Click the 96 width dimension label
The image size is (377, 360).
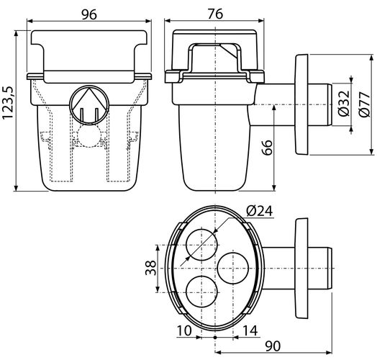pyautogui.click(x=89, y=14)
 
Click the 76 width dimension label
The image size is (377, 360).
pyautogui.click(x=215, y=14)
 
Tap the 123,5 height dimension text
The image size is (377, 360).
pyautogui.click(x=8, y=103)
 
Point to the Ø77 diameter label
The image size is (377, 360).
pyautogui.click(x=364, y=104)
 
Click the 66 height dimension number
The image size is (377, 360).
pyautogui.click(x=267, y=148)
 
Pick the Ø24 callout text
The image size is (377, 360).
pyautogui.click(x=260, y=211)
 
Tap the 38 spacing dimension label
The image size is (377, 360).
pyautogui.click(x=150, y=268)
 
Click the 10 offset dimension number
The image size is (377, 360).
pyautogui.click(x=184, y=330)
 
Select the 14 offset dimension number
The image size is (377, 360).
pyautogui.click(x=250, y=330)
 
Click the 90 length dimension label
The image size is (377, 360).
pyautogui.click(x=273, y=346)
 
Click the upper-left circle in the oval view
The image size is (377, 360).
pyautogui.click(x=201, y=245)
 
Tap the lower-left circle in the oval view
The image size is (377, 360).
pyautogui.click(x=201, y=292)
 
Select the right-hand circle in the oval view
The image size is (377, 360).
pyautogui.click(x=232, y=268)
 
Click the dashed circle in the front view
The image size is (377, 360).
pyautogui.click(x=89, y=136)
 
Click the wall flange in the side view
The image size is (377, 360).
pyautogui.click(x=301, y=104)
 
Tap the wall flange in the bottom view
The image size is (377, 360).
pyautogui.click(x=301, y=269)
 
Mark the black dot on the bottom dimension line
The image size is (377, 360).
pyautogui.click(x=215, y=338)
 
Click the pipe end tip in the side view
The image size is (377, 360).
pyautogui.click(x=330, y=104)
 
